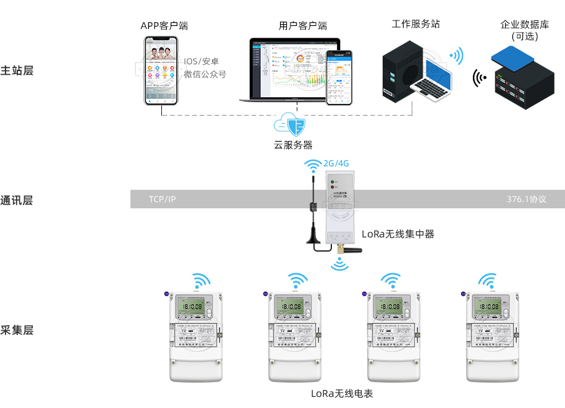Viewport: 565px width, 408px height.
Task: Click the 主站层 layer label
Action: pos(17,70)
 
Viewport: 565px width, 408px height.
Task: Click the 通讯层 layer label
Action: pos(17,200)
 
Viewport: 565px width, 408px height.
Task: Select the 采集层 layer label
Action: pos(17,330)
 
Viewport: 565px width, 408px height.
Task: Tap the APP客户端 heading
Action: pos(164,26)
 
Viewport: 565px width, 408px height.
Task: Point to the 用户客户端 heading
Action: pos(302,26)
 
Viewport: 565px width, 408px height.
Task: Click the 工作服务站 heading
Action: pos(416,24)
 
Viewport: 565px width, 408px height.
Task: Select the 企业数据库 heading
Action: pos(525,25)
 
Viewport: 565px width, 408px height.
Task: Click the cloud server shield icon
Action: pos(294,125)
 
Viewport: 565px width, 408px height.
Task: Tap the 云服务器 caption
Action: pos(293,145)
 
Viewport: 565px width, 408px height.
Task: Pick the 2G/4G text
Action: pos(336,164)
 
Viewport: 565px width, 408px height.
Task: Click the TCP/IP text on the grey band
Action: pos(163,199)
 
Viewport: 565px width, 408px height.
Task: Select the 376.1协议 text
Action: pos(527,199)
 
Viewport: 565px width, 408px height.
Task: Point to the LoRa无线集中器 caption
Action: pos(398,234)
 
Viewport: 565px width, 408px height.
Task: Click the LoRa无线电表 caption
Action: pos(342,393)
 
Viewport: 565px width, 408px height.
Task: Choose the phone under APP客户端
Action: pos(162,70)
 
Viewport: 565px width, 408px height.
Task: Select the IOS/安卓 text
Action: pos(202,61)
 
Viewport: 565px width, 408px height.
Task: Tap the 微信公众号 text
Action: pos(205,74)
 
